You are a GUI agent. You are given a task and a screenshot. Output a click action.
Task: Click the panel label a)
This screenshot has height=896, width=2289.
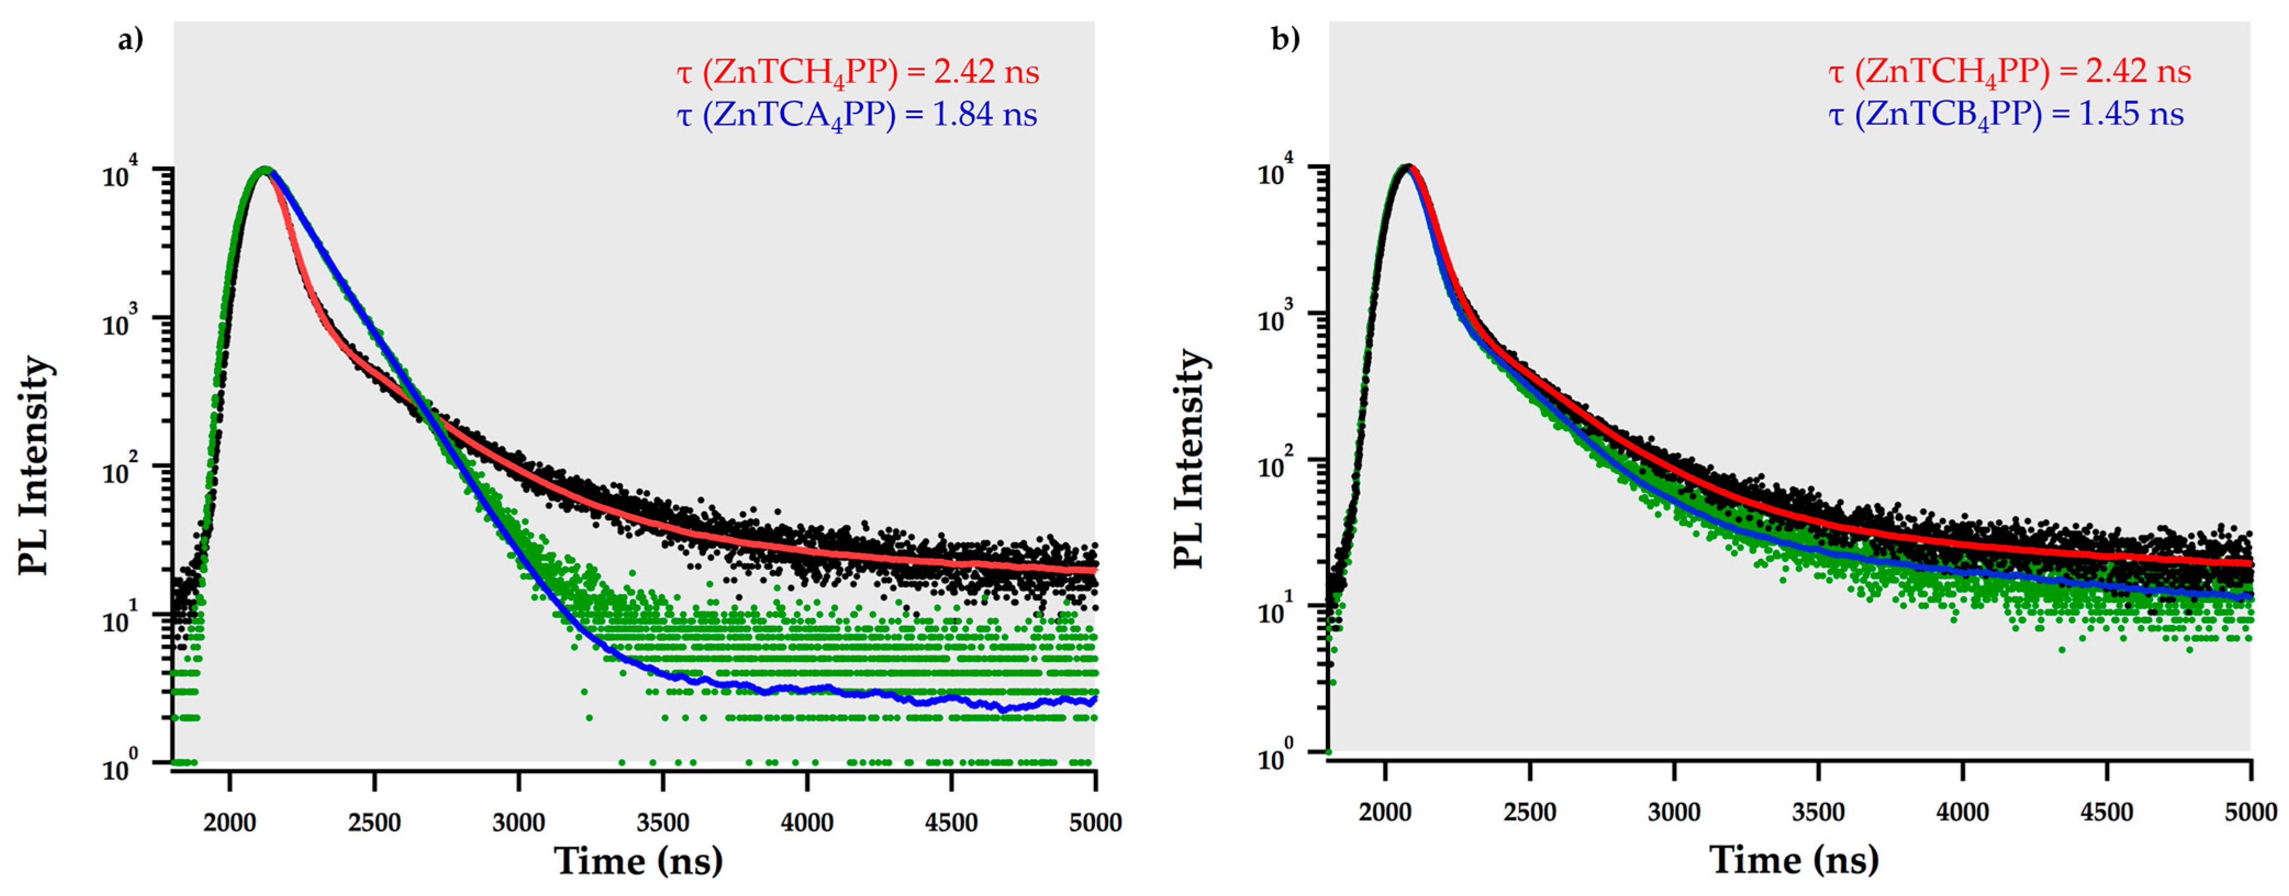pyautogui.click(x=130, y=40)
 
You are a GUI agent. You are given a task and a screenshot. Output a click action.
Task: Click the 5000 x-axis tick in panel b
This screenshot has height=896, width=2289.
pyautogui.click(x=2251, y=811)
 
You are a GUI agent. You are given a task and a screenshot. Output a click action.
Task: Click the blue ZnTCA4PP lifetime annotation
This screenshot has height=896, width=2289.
pyautogui.click(x=857, y=115)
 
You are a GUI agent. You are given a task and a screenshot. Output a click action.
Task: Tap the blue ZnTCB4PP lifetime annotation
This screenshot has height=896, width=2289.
pyautogui.click(x=2006, y=115)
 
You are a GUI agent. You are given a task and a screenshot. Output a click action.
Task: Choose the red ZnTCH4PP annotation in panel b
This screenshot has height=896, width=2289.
pyautogui.click(x=2009, y=72)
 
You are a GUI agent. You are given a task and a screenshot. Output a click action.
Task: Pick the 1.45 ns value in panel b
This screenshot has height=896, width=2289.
pyautogui.click(x=2131, y=115)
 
